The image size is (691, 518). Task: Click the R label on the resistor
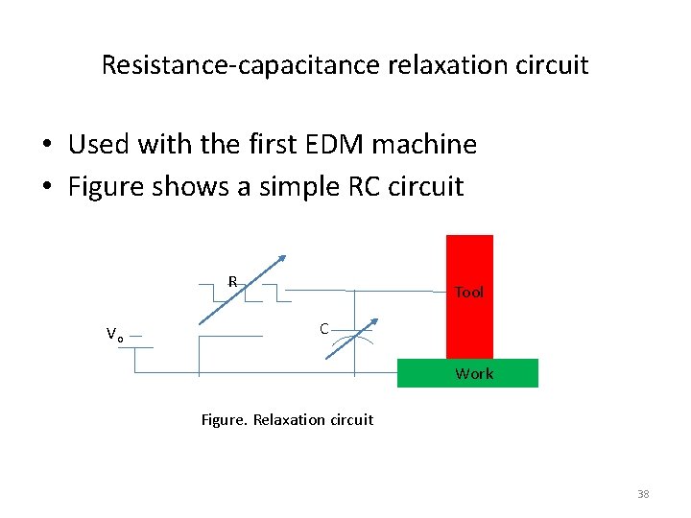(232, 282)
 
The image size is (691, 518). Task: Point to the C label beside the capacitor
(324, 329)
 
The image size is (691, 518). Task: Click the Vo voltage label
(113, 335)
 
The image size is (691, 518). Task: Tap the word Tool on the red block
(469, 293)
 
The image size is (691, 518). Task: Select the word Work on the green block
(474, 374)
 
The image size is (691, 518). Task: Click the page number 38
(643, 494)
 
